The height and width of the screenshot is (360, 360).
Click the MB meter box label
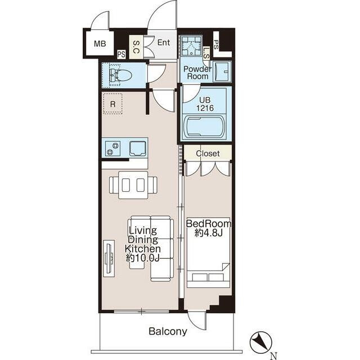(x=100, y=43)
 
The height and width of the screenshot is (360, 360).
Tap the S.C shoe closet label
(x=136, y=47)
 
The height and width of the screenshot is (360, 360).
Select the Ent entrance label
(x=164, y=43)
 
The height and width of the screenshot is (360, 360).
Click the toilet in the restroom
(x=120, y=75)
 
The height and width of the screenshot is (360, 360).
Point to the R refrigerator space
(x=112, y=103)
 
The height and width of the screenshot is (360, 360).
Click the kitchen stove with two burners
(x=112, y=148)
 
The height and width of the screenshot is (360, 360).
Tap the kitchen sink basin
(x=138, y=148)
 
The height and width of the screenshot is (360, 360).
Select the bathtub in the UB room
(x=205, y=127)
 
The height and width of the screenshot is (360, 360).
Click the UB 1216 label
(x=205, y=104)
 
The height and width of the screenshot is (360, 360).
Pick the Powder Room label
(x=197, y=73)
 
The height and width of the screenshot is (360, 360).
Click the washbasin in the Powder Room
(x=222, y=71)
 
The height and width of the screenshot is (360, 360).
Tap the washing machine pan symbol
(x=191, y=46)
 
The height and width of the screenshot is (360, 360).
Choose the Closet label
(x=208, y=154)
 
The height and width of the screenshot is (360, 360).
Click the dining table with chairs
(x=133, y=185)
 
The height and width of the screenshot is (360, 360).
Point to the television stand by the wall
(x=109, y=258)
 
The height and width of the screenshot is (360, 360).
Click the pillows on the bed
(x=208, y=277)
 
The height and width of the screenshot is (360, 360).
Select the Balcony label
(x=168, y=331)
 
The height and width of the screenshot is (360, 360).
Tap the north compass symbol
(x=261, y=343)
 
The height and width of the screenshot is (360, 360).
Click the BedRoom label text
(x=209, y=223)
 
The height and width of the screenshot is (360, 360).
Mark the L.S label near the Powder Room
(x=206, y=53)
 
